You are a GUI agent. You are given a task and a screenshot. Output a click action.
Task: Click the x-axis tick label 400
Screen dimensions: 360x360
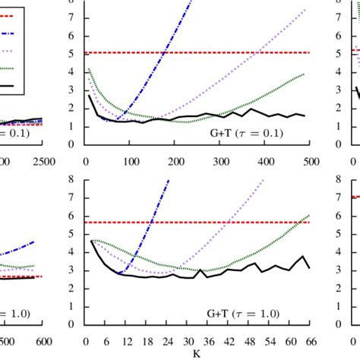265,161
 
